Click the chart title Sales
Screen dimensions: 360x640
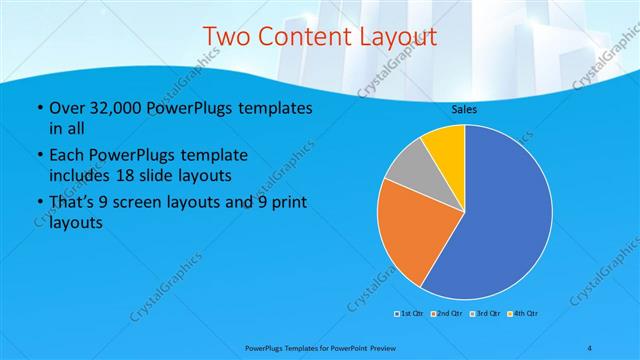point(464,108)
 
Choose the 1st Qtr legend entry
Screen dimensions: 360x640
point(409,314)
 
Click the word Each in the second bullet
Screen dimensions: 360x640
point(66,156)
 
